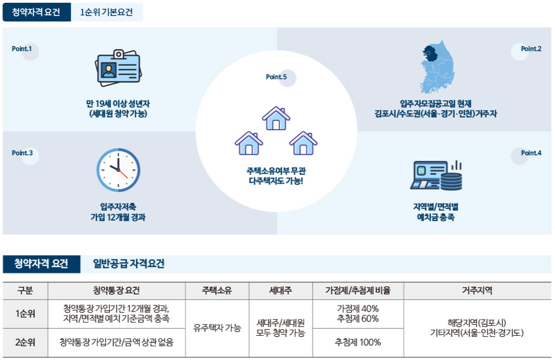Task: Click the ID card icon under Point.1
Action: (x=119, y=69)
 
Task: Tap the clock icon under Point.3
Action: (x=118, y=170)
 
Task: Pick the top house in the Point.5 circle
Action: (x=276, y=118)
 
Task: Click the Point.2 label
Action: (x=531, y=48)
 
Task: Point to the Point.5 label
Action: (x=276, y=77)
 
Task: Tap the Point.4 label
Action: (x=531, y=152)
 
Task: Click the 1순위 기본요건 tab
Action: (x=107, y=12)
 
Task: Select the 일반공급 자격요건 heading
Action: (x=129, y=264)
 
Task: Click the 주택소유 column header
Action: (x=217, y=291)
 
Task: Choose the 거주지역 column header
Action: (x=477, y=291)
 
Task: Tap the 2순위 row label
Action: (x=25, y=342)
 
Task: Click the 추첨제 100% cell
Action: (x=357, y=342)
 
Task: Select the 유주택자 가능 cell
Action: (x=217, y=328)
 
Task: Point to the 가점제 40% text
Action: (x=357, y=308)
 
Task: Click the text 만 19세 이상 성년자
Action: (x=118, y=103)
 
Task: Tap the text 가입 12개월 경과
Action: (x=118, y=217)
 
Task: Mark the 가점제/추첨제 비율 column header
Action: (x=357, y=291)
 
